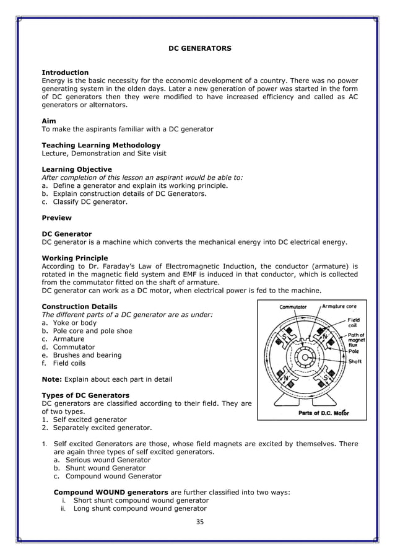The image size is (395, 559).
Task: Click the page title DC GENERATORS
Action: (200, 48)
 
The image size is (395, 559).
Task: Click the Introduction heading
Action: (65, 73)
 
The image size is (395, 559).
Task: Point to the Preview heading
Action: (56, 218)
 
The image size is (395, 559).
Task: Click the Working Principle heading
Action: (74, 258)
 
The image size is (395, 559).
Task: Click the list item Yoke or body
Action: (75, 323)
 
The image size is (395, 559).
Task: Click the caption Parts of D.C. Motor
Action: (323, 413)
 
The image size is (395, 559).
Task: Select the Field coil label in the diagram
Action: (354, 323)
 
